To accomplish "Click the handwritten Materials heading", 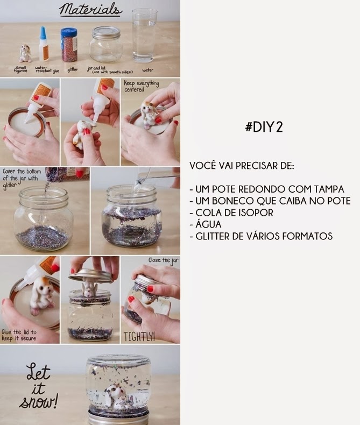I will [x=90, y=10].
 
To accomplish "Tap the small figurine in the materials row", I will [x=25, y=53].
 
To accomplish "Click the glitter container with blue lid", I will [x=69, y=45].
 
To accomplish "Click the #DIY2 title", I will [x=264, y=127].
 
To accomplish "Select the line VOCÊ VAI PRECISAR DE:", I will [x=242, y=166].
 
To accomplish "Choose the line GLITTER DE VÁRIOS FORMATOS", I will [x=264, y=236].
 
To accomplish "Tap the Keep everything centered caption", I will [x=142, y=87].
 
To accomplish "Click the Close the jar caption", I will [x=163, y=260].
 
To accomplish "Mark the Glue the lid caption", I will [x=19, y=335].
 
